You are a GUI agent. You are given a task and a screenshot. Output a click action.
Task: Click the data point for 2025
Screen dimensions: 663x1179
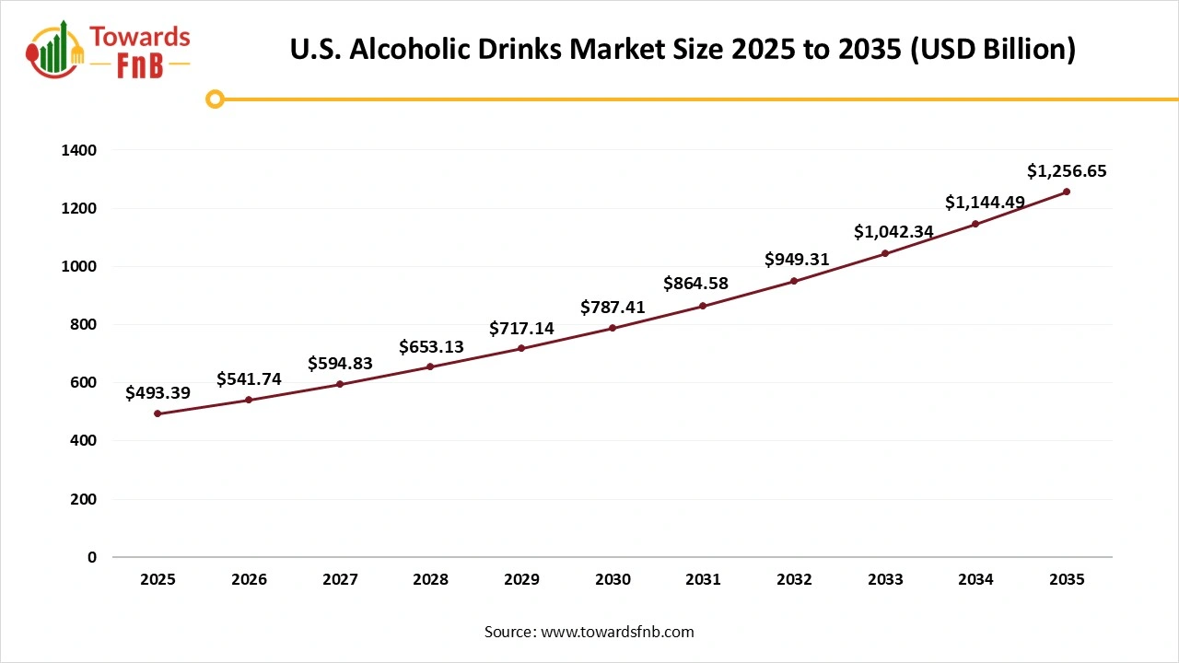(x=158, y=413)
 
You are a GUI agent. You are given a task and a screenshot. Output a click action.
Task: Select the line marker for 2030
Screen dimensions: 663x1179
(x=613, y=328)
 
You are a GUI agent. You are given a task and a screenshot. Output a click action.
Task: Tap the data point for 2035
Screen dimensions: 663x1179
(x=1067, y=192)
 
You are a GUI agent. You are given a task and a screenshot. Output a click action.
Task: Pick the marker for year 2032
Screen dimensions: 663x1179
(x=794, y=281)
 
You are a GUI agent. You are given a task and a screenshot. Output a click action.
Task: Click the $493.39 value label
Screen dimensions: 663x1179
(x=158, y=393)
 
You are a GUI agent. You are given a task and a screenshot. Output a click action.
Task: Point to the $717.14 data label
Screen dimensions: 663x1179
(x=521, y=328)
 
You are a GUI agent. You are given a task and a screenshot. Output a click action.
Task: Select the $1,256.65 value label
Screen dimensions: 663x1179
(x=1067, y=170)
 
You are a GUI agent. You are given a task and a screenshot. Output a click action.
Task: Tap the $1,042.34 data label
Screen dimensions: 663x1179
(x=893, y=232)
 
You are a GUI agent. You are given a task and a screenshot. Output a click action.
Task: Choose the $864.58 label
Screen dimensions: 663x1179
(x=704, y=284)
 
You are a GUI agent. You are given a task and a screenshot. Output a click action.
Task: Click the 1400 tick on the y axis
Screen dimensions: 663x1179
(x=78, y=150)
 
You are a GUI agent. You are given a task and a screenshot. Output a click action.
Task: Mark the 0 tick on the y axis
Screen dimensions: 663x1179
(x=91, y=557)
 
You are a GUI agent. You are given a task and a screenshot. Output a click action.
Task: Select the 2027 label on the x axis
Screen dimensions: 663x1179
(x=340, y=580)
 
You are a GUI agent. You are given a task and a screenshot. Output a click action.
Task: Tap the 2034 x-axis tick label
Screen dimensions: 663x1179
(x=975, y=580)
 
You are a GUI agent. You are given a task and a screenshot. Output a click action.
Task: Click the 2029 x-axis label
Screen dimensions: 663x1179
(x=521, y=580)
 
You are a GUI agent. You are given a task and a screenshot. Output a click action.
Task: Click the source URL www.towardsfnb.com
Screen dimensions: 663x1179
(x=616, y=632)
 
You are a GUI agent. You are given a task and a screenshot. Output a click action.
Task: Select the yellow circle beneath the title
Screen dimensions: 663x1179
(x=215, y=99)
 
